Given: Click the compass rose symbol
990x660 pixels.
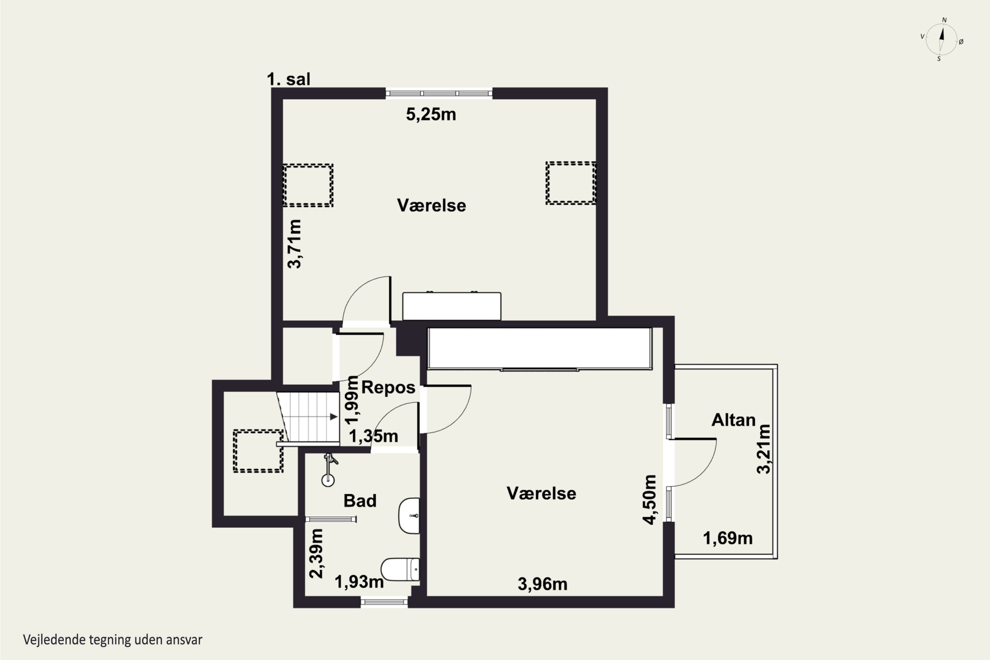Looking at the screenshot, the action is point(941,40).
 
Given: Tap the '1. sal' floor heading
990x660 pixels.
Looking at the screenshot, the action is point(289,79).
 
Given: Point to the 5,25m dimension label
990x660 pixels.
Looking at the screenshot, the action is point(431,115).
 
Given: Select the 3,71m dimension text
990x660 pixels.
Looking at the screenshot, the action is point(295,244).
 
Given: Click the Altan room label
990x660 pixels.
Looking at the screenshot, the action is point(733,420).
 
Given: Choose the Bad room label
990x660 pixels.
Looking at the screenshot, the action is point(360,501).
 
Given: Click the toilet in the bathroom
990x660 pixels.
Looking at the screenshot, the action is point(400,569).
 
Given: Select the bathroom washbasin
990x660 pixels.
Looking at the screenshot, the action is point(409,515).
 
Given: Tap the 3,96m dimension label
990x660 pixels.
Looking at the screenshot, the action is point(542,584).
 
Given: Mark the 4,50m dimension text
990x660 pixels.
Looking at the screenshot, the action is point(649,500).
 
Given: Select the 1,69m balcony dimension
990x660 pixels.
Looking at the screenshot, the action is point(728,538).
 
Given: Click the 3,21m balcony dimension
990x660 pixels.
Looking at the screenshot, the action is point(764,449).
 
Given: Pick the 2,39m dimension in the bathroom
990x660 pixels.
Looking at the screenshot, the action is point(316,553).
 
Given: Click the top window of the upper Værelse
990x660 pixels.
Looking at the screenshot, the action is point(439,93).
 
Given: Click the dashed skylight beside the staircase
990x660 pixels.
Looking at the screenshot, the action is point(258,451).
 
